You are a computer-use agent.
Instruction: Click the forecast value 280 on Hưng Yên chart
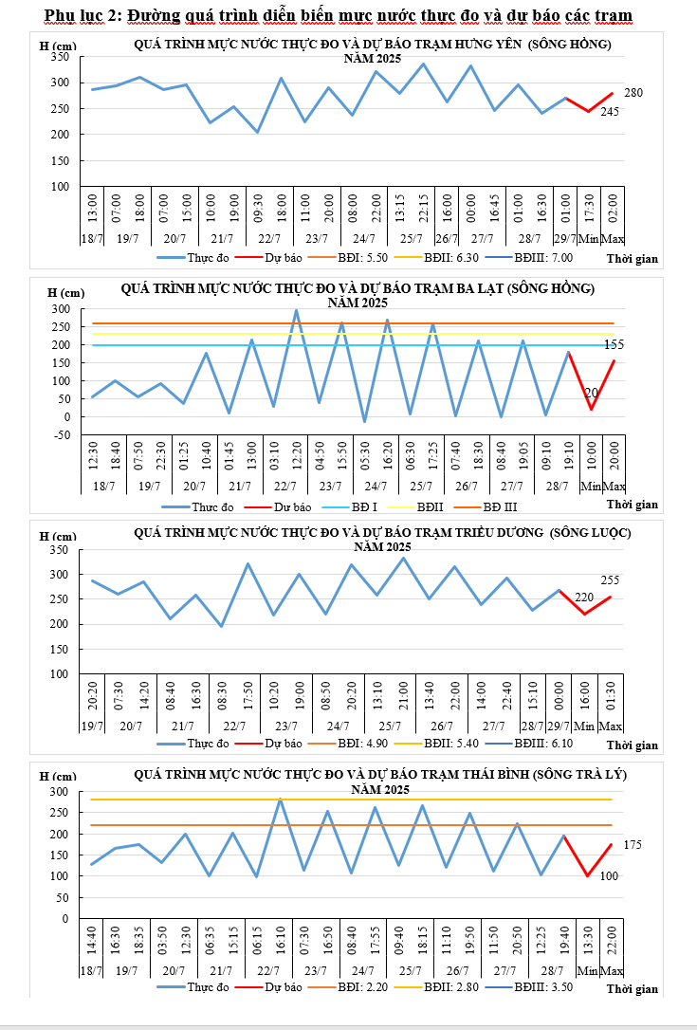(x=633, y=93)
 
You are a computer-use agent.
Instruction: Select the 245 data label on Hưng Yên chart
(x=610, y=112)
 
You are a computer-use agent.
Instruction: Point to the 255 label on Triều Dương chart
(x=610, y=579)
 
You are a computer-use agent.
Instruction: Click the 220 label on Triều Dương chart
(x=584, y=598)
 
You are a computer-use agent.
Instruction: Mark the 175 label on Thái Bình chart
(x=633, y=844)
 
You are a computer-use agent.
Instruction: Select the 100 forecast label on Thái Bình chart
(x=609, y=876)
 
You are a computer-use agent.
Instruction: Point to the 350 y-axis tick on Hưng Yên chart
(x=60, y=57)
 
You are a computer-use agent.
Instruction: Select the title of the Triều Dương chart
(x=382, y=533)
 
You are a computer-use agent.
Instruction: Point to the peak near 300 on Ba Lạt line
(x=296, y=310)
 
